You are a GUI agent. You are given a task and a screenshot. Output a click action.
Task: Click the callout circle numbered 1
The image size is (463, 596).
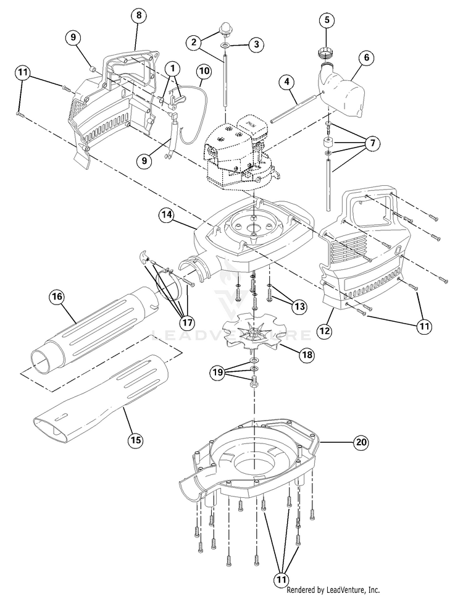click(173, 67)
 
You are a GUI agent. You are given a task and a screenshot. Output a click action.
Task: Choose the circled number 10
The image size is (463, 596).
click(204, 72)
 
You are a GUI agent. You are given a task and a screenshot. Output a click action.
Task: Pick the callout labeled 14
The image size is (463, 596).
click(165, 215)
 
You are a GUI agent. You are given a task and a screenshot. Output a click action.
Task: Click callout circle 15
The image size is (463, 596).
click(135, 440)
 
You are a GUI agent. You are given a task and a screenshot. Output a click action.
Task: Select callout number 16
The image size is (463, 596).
click(57, 296)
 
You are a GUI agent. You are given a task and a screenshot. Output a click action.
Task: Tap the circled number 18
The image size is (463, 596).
click(306, 354)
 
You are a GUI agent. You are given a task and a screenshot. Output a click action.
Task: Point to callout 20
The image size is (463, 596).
click(361, 442)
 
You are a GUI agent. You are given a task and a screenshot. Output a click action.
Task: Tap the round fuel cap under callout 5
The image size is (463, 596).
click(326, 50)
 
